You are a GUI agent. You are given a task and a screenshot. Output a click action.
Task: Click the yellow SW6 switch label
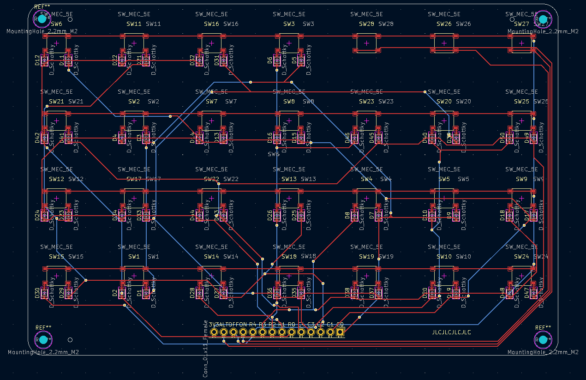(56, 24)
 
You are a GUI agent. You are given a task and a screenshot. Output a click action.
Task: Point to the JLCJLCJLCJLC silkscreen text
(451, 332)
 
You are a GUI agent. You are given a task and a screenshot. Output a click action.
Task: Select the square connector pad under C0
(340, 332)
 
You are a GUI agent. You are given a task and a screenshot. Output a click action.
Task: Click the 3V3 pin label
(214, 325)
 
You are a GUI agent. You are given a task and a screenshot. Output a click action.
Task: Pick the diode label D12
(37, 60)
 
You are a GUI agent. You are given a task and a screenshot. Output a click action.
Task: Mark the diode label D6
(270, 60)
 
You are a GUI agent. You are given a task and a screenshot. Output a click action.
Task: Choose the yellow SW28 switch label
(366, 24)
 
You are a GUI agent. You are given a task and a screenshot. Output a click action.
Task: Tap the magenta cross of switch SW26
(444, 43)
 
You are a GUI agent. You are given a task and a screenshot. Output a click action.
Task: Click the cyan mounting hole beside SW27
(543, 19)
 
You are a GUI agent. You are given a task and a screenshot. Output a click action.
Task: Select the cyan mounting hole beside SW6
(42, 19)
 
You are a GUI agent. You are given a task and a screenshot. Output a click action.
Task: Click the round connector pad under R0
(292, 332)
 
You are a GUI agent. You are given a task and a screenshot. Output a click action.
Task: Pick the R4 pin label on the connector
(252, 325)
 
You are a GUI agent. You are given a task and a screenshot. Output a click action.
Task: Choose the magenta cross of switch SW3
(289, 43)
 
